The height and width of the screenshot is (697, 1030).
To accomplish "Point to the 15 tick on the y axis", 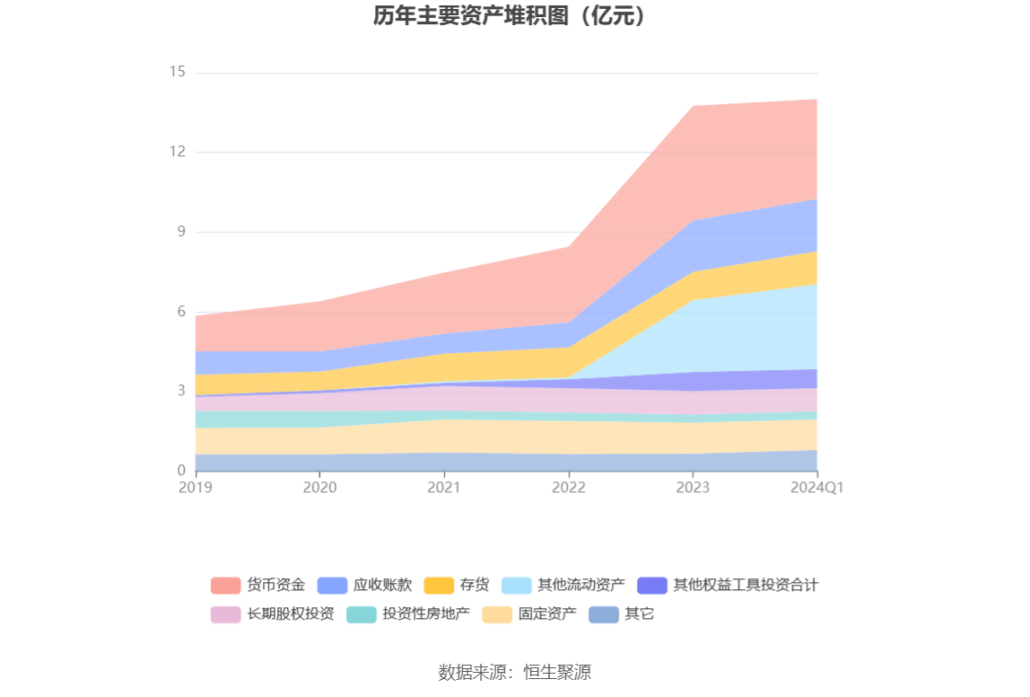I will [x=177, y=72].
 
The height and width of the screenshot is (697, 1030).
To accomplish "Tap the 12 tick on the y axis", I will [x=177, y=152].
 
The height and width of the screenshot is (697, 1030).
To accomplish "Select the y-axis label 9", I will [x=180, y=232].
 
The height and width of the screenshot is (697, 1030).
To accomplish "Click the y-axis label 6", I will [x=180, y=312].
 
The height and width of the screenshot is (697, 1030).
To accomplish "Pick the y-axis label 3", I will [x=180, y=392].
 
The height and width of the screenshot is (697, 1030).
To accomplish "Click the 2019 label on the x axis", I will [x=196, y=487].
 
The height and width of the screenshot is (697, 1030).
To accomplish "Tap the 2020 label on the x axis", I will [x=319, y=487].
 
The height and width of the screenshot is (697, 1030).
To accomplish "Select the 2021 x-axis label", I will [x=444, y=487].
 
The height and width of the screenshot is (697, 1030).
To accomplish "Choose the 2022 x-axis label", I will [x=569, y=487].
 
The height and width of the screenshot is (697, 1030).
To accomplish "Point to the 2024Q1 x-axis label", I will [x=816, y=487].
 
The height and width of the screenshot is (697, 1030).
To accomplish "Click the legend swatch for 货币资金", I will [x=225, y=586].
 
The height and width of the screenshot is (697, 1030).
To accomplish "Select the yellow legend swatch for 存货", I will [x=439, y=586].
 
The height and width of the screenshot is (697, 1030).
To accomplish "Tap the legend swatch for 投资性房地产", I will [x=361, y=614].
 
